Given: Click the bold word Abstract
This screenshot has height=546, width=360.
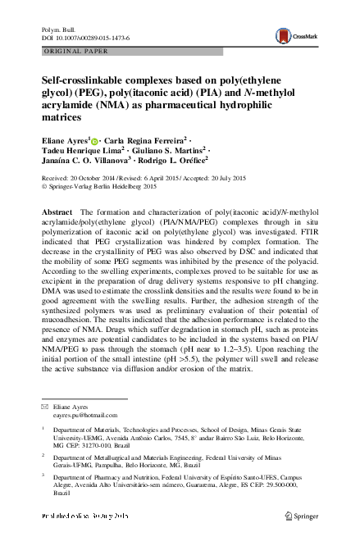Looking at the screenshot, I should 56,212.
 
